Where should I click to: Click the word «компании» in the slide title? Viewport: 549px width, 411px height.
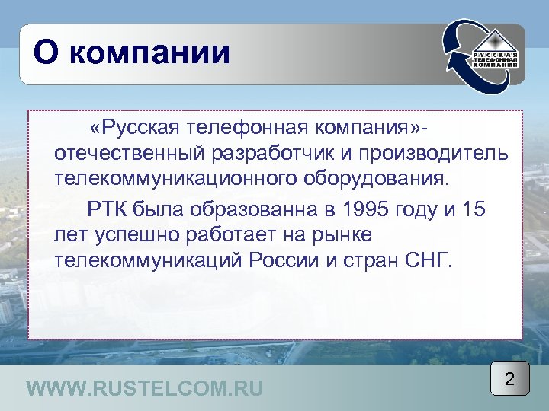[156, 53]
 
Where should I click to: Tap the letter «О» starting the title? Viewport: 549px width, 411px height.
[47, 53]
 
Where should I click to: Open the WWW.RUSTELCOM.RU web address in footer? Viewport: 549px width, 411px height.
[144, 389]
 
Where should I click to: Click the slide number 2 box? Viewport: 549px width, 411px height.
[509, 378]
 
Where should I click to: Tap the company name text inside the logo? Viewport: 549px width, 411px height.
[496, 60]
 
